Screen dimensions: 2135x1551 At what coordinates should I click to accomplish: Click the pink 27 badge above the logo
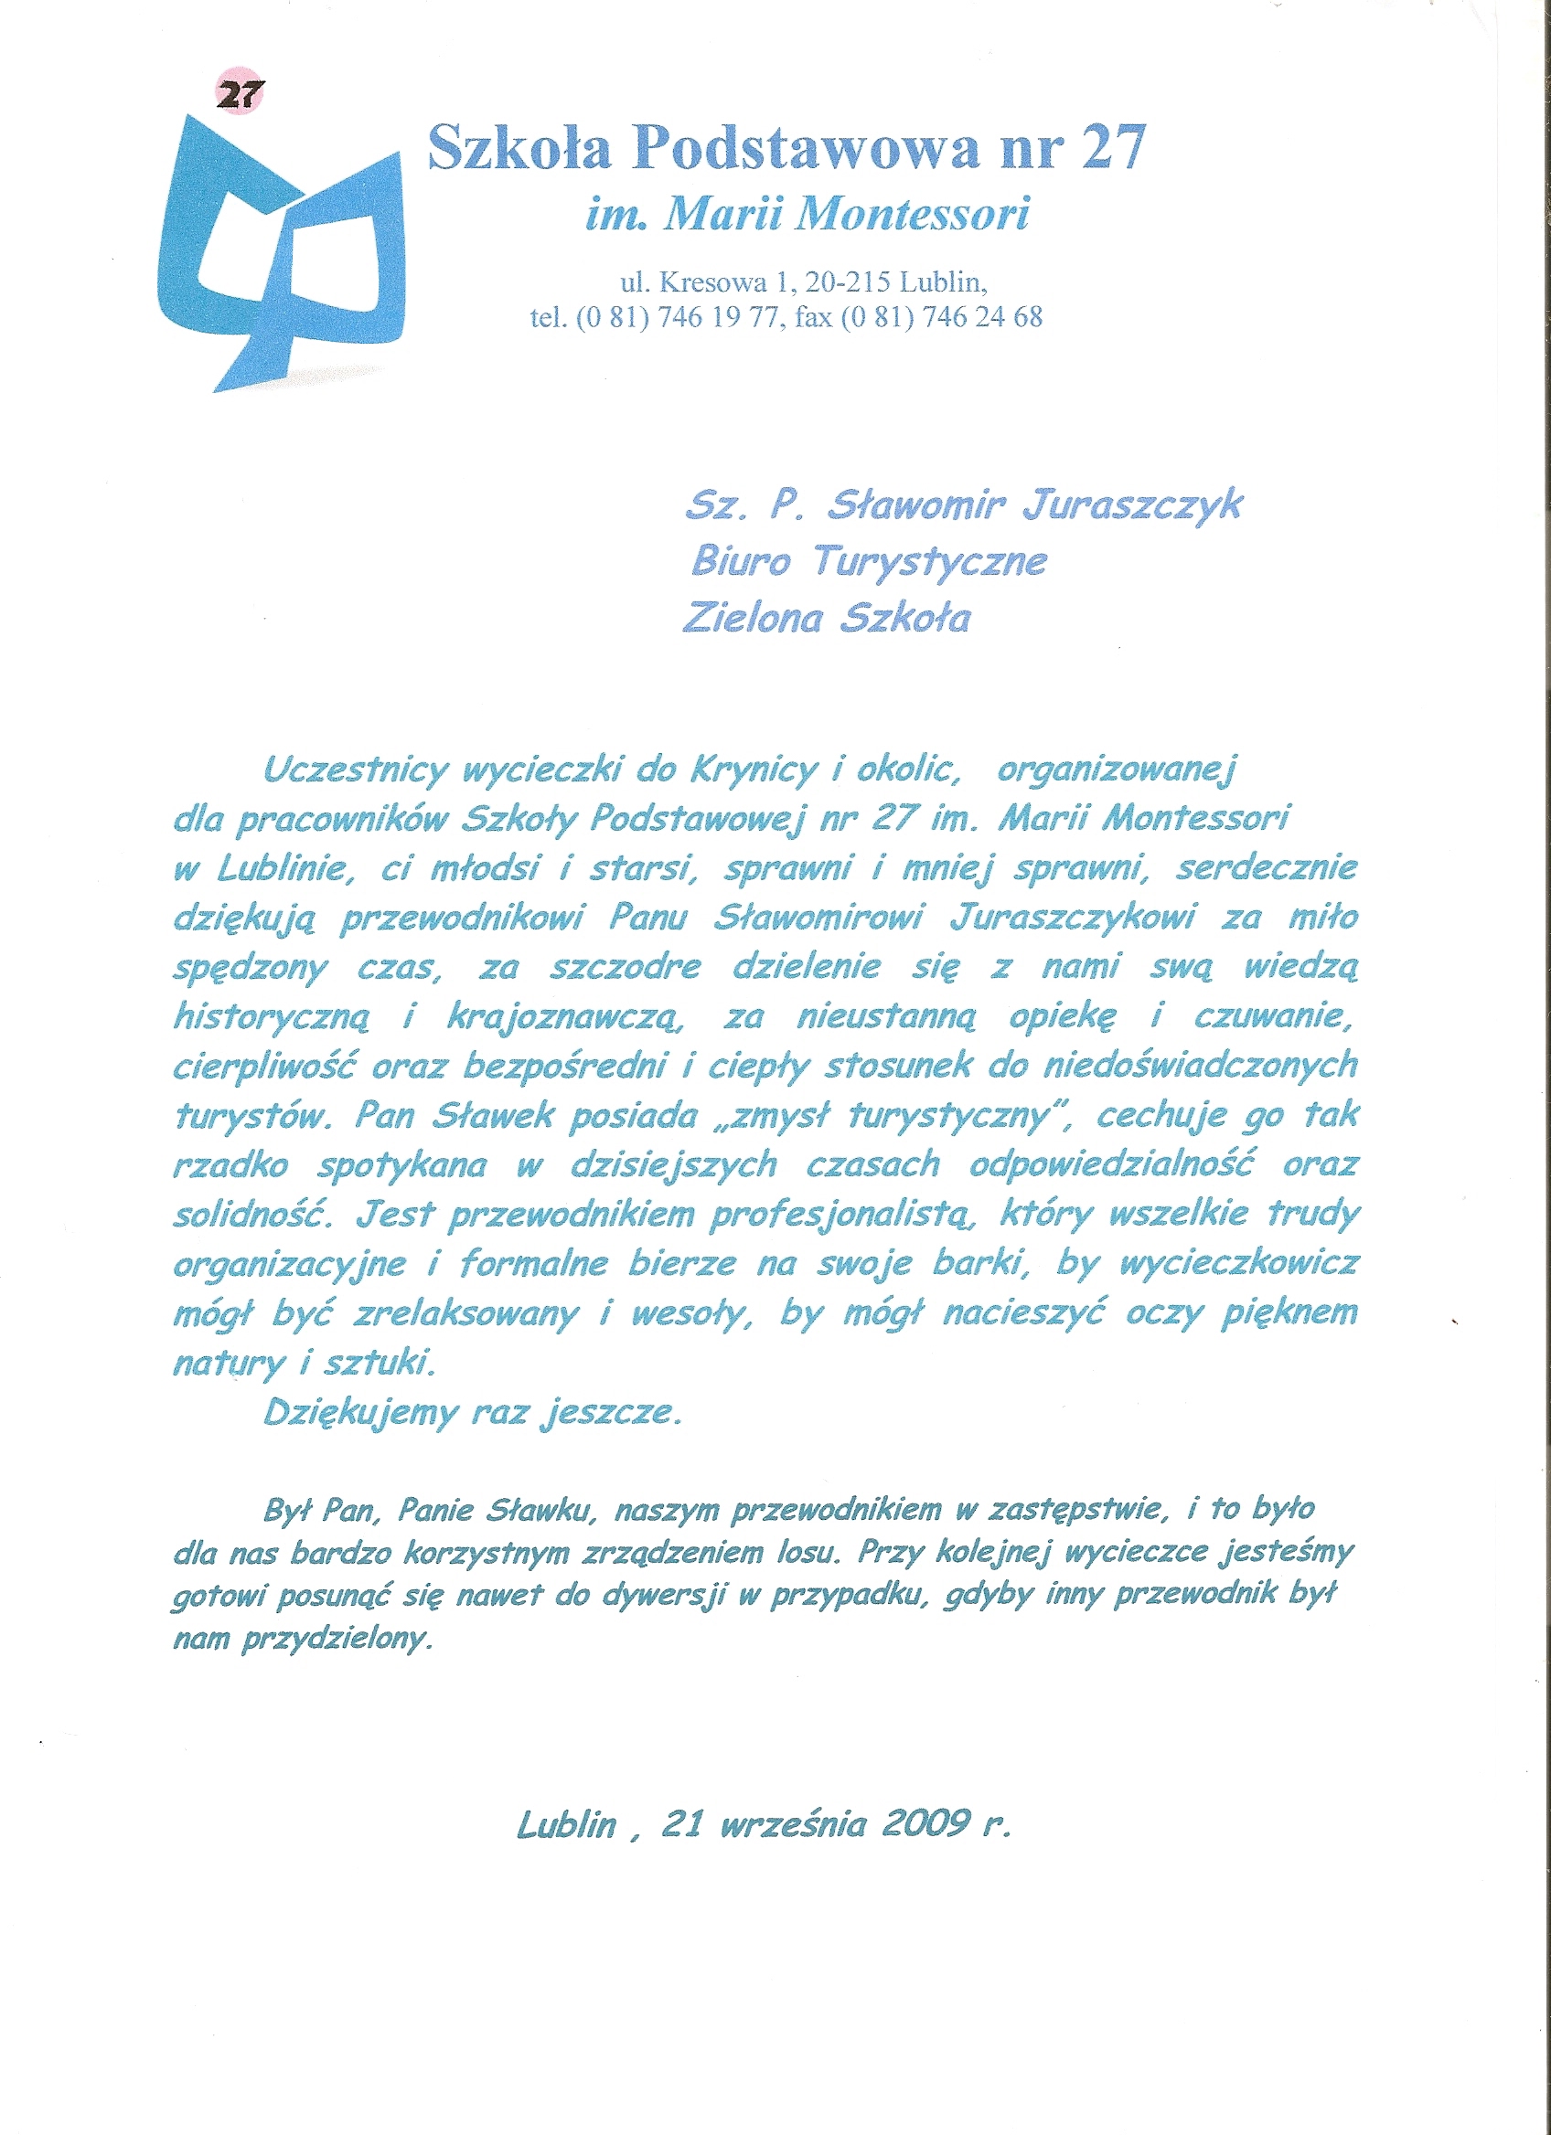(241, 93)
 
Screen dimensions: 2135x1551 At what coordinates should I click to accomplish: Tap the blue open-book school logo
(283, 254)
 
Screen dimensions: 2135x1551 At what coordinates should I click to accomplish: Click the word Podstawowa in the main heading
(806, 148)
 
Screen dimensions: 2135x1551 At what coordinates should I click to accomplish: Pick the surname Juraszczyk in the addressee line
(1132, 506)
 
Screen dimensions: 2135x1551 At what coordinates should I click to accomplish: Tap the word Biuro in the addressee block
(741, 561)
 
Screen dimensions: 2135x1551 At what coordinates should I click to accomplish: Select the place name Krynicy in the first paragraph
(754, 771)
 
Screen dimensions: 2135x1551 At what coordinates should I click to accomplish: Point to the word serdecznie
(1267, 868)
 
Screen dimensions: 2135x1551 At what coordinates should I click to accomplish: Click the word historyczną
(273, 1016)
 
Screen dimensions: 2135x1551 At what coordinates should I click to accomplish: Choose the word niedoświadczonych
(1201, 1066)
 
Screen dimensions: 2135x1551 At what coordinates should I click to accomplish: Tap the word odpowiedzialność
(1112, 1165)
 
